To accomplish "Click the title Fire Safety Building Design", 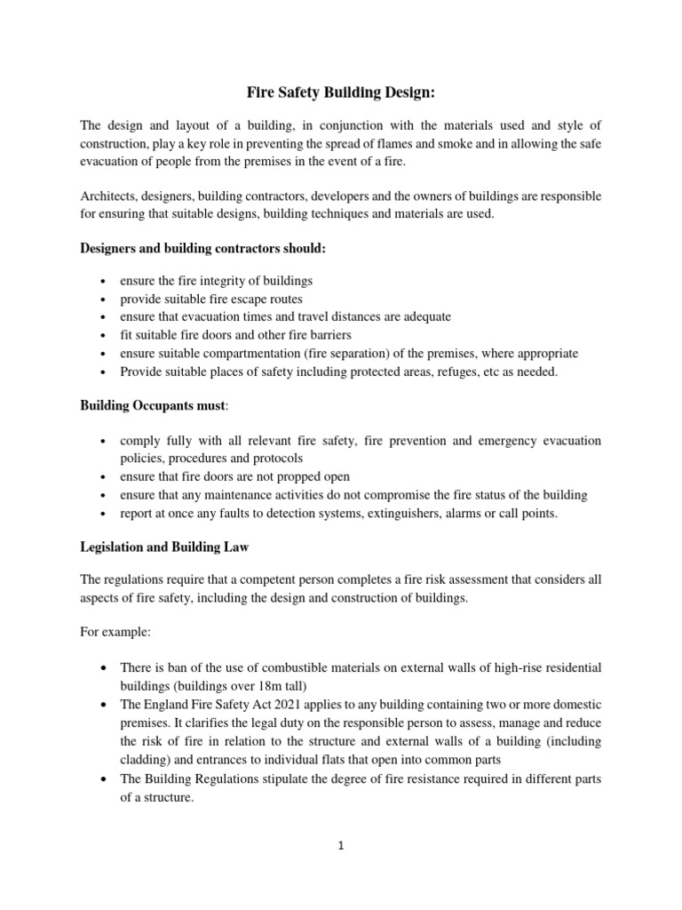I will [x=341, y=92].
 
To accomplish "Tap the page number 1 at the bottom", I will [x=341, y=847].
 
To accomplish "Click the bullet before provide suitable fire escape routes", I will [x=106, y=299].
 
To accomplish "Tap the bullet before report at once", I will [x=106, y=514].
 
